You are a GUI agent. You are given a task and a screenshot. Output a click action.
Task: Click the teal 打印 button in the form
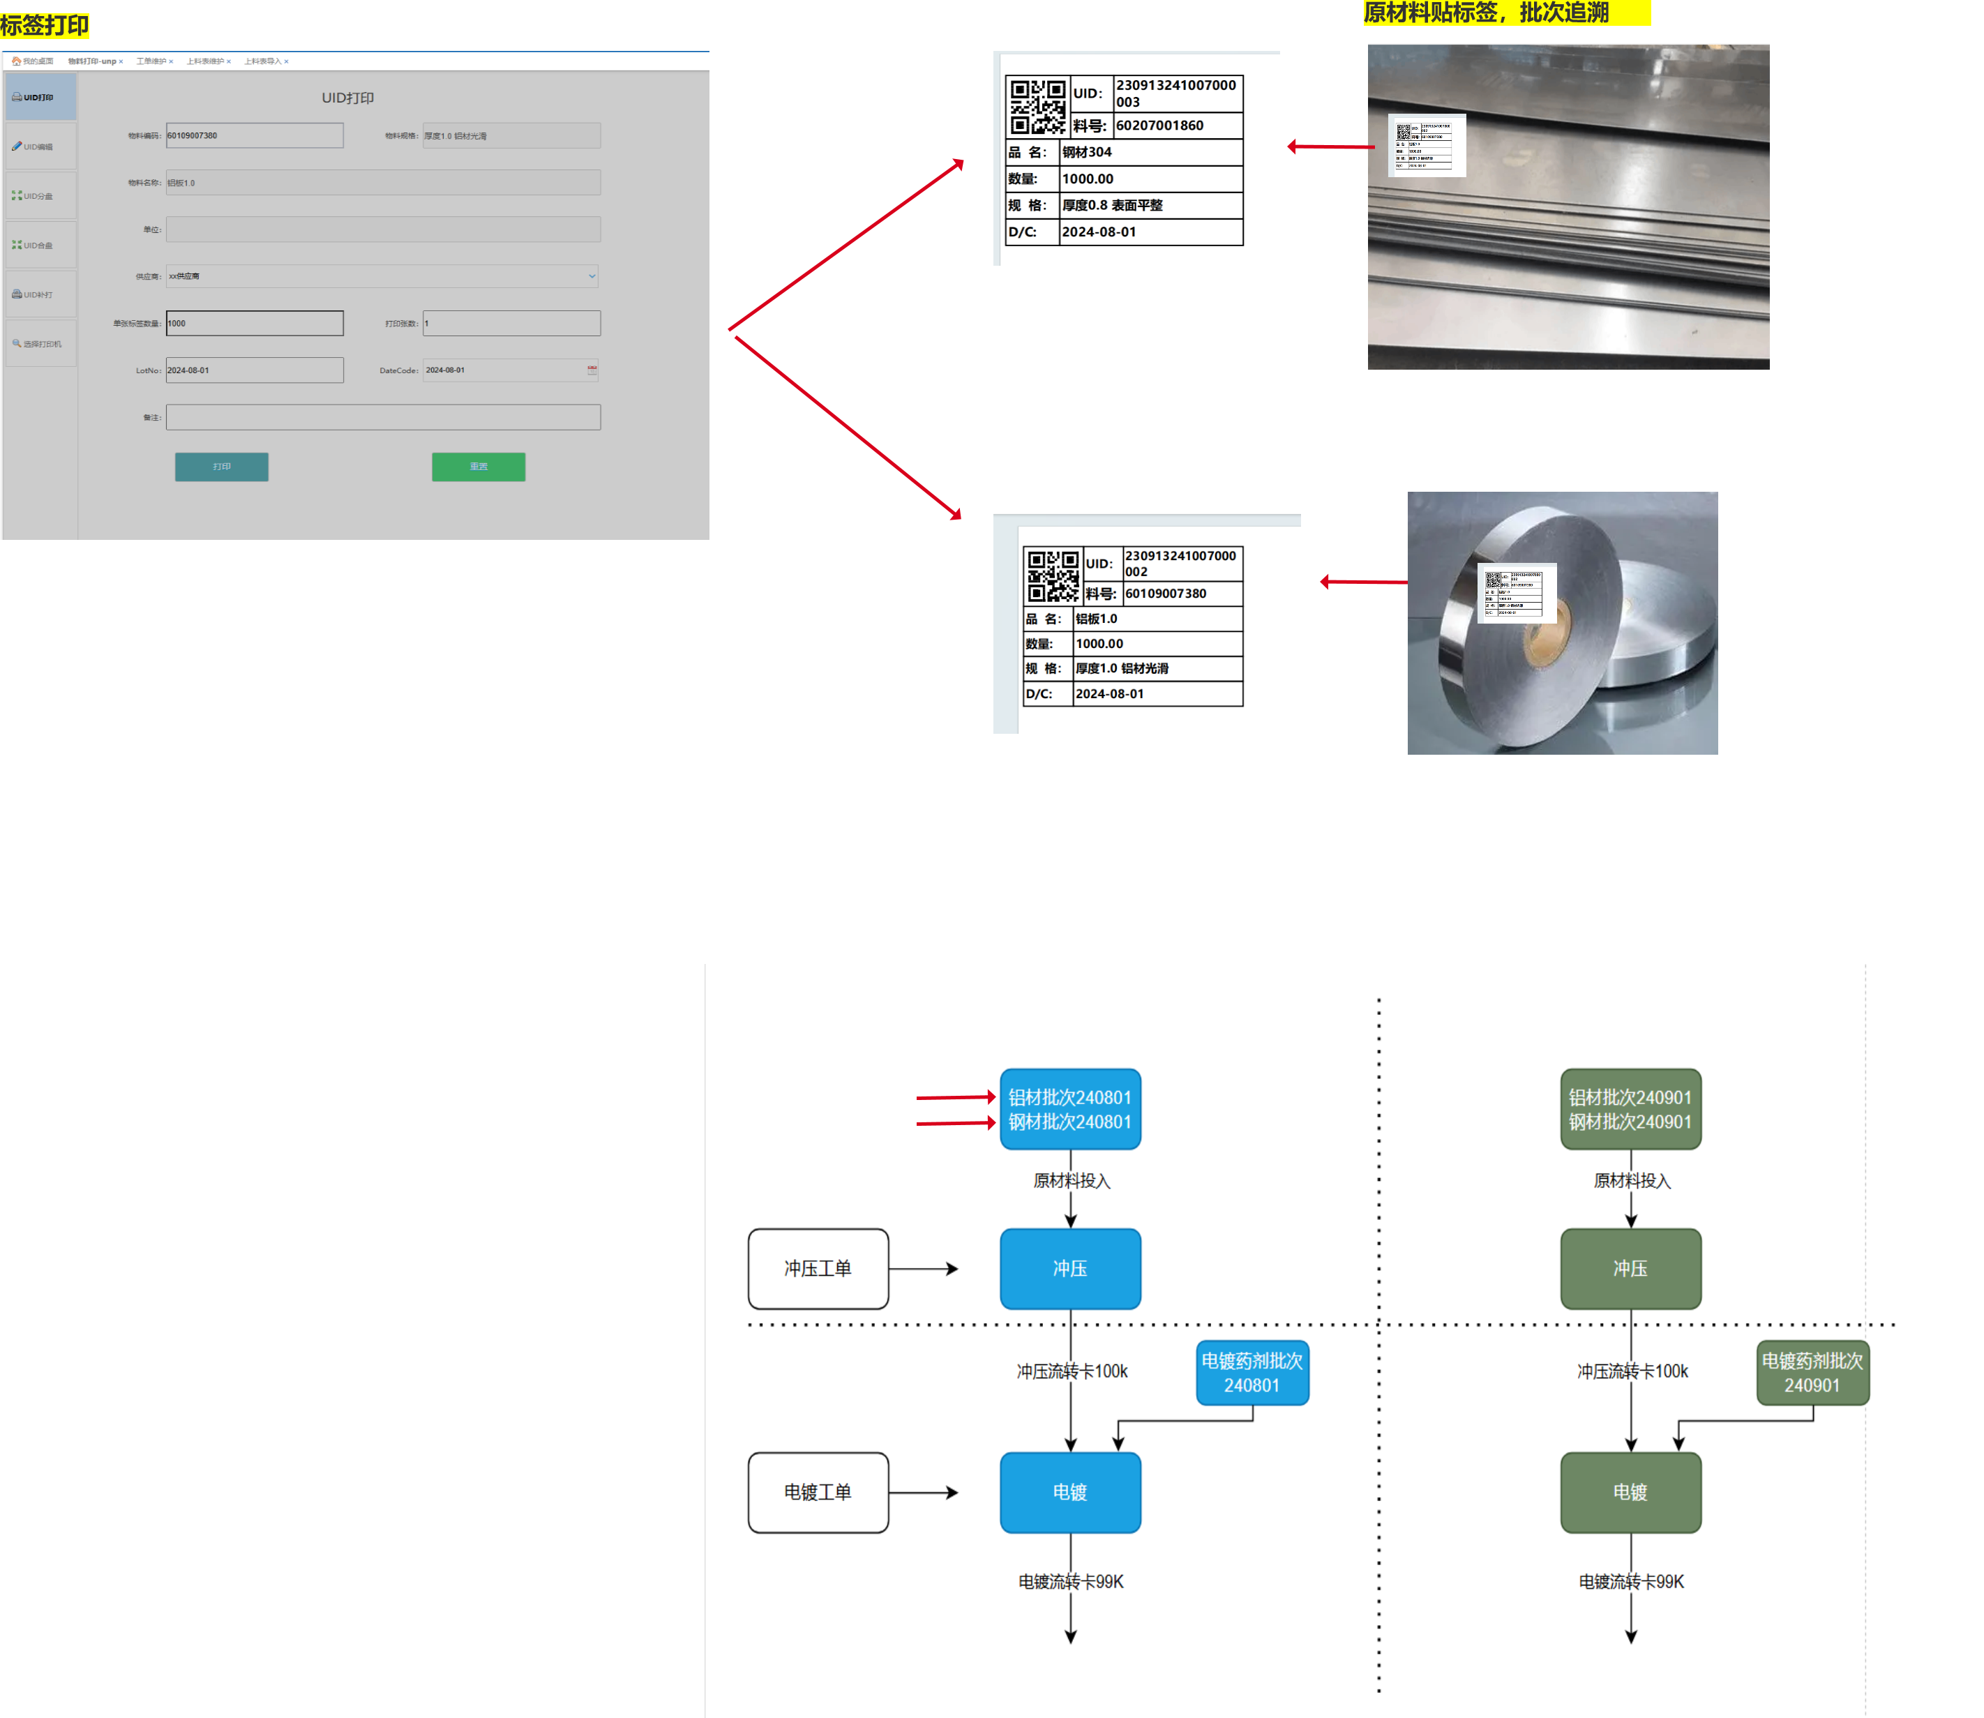pos(222,467)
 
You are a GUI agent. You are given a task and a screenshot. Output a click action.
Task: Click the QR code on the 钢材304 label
pos(1037,107)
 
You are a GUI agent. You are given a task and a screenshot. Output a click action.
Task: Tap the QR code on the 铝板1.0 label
pos(1053,575)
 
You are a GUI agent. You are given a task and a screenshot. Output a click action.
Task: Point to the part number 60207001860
pos(1160,126)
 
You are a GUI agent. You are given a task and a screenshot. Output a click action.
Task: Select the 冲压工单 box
pos(818,1268)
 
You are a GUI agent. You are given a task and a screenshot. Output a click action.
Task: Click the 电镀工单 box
pos(818,1492)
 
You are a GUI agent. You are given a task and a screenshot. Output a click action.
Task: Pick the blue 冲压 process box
pos(1070,1268)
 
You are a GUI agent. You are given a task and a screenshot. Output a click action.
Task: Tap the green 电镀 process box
pos(1630,1492)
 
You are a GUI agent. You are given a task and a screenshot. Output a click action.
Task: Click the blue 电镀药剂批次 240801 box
pos(1252,1373)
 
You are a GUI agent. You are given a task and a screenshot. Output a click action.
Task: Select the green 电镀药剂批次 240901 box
pos(1812,1373)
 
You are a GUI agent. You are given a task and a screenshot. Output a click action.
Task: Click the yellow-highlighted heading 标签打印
pos(45,25)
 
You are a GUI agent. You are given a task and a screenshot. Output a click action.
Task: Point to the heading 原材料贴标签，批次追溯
pos(1487,13)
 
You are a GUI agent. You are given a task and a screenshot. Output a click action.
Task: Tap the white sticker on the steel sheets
pos(1426,145)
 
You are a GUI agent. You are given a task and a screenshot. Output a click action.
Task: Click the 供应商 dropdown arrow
pos(592,276)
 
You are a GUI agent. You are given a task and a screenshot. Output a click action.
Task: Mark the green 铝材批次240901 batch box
pos(1630,1109)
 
